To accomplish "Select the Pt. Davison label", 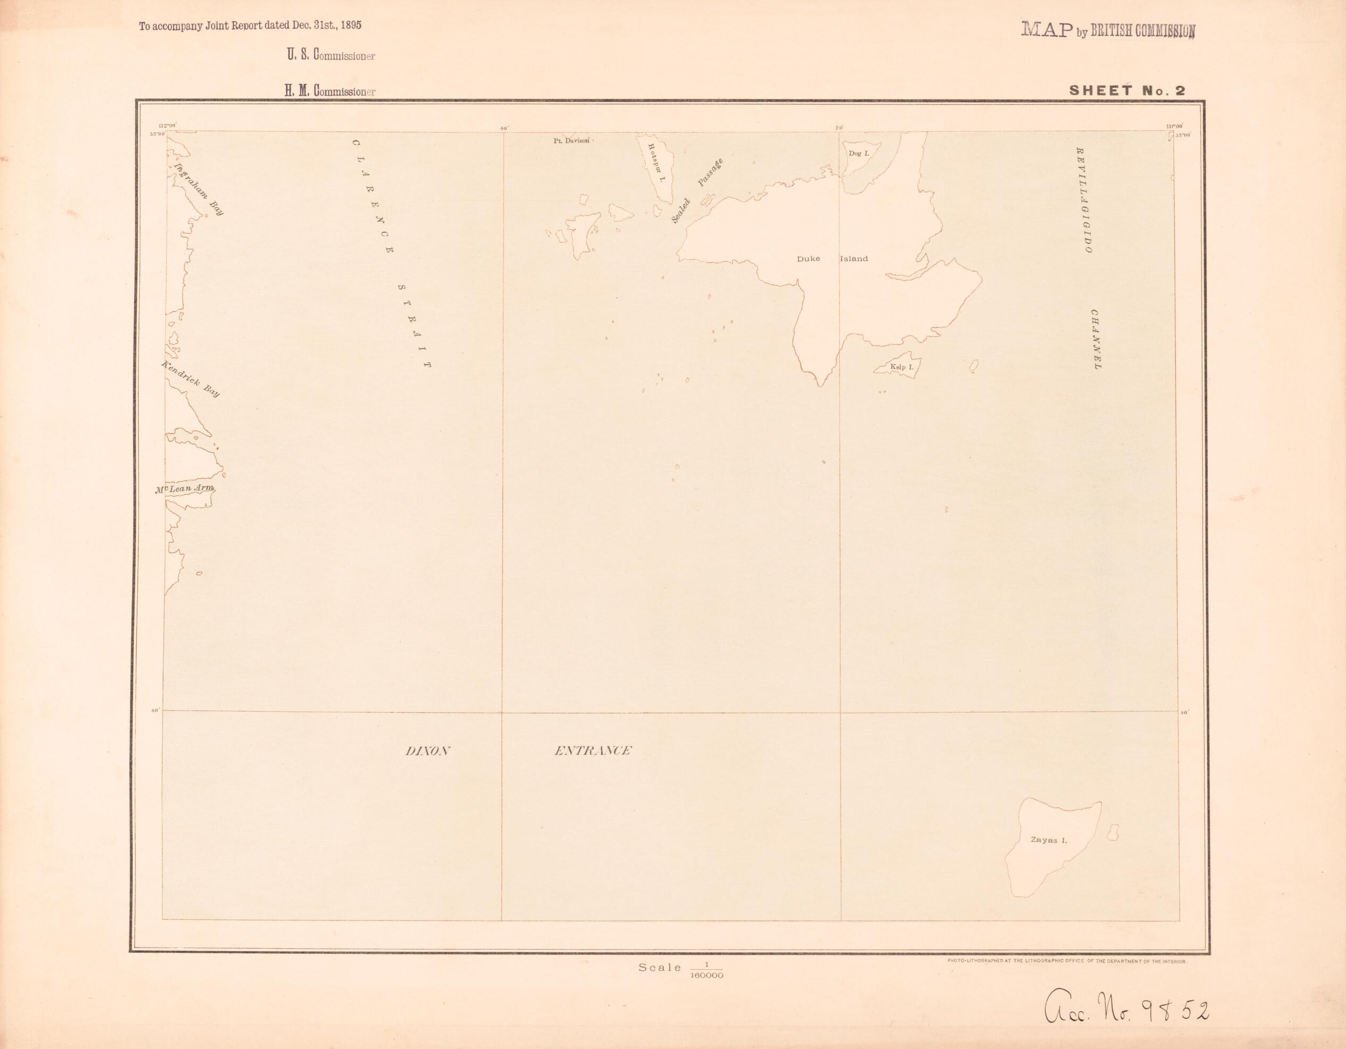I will coord(571,140).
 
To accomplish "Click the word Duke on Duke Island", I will coord(808,259).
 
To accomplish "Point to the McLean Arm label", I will coord(184,488).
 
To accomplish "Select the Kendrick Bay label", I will coord(190,379).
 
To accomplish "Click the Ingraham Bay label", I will coord(199,189).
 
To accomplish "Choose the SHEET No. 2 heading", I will coord(1127,90).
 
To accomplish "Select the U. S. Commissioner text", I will coord(330,55).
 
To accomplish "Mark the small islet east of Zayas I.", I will coord(1113,833).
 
